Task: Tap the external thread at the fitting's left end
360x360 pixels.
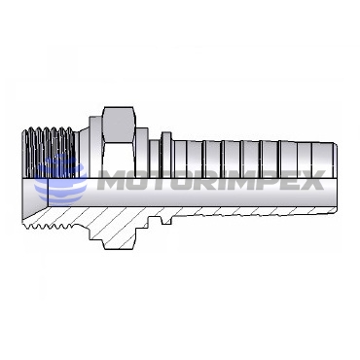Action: [49, 153]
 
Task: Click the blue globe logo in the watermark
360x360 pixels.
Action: [61, 182]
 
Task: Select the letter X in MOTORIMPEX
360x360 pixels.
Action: [312, 180]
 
